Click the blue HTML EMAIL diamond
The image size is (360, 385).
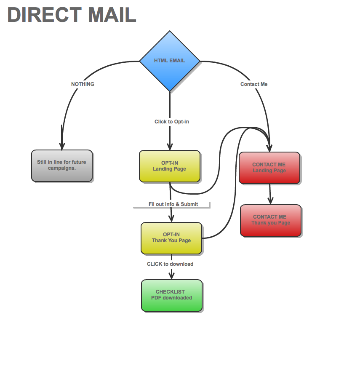click(170, 61)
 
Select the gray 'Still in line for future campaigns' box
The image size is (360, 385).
click(62, 166)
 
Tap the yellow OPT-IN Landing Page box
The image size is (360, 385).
click(170, 166)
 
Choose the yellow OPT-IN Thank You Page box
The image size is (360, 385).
click(171, 238)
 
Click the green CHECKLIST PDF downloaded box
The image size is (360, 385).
click(172, 295)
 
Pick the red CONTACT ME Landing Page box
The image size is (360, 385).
click(269, 168)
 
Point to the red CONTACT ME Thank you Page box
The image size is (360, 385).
click(271, 220)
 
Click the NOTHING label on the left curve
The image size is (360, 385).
click(83, 84)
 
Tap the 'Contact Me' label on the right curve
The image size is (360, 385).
click(254, 84)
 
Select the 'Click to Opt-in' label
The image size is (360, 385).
click(172, 122)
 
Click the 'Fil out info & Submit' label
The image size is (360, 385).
click(173, 204)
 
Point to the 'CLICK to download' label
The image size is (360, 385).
click(170, 264)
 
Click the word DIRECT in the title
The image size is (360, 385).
click(44, 15)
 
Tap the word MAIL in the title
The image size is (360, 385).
click(112, 15)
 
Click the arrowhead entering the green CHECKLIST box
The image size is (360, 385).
click(172, 275)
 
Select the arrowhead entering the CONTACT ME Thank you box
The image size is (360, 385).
click(271, 201)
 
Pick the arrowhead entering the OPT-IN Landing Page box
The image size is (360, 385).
click(170, 146)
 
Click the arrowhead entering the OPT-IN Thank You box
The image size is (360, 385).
click(171, 218)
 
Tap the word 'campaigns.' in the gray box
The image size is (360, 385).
click(62, 168)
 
